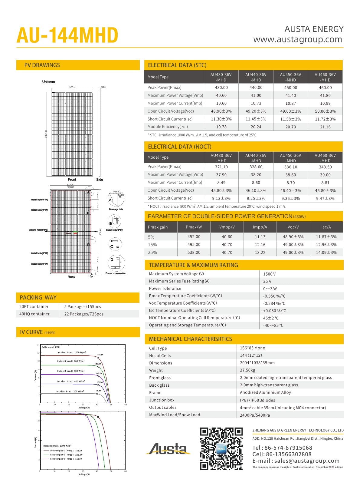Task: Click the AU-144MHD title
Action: (x=67, y=35)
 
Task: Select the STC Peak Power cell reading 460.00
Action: (x=325, y=88)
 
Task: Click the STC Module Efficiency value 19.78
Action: (x=221, y=127)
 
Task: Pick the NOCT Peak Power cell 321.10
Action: (x=221, y=167)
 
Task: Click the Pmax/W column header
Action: (x=194, y=227)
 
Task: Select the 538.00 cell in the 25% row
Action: (x=194, y=252)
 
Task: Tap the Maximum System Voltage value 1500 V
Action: (x=269, y=274)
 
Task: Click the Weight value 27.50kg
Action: (x=247, y=370)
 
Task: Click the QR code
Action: (x=221, y=448)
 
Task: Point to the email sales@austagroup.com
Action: (x=296, y=461)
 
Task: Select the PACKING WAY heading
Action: (x=38, y=297)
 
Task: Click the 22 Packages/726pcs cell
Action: (x=83, y=314)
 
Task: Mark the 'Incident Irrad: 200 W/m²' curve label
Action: (x=70, y=391)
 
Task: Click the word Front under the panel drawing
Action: (x=72, y=180)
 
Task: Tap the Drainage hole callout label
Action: (x=116, y=209)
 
